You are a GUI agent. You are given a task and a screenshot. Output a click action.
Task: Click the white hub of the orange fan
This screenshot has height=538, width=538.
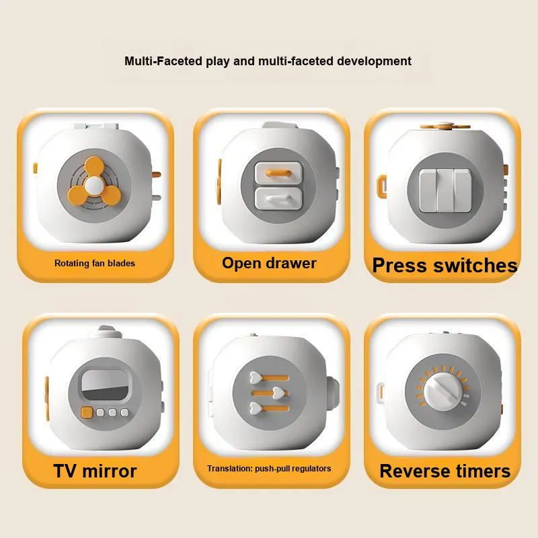(x=94, y=186)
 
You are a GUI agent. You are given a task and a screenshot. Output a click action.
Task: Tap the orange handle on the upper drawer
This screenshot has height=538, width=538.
(x=278, y=173)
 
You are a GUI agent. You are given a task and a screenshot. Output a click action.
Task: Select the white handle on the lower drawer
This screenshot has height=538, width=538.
(x=278, y=198)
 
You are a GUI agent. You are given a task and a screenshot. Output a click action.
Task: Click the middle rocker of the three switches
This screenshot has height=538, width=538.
(x=445, y=190)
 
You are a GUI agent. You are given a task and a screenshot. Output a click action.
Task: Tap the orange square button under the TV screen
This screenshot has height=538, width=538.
(x=87, y=412)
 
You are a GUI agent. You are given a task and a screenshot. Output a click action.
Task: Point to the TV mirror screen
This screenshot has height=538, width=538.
(x=104, y=385)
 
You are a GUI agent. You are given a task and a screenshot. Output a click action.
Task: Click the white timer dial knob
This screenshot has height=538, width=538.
(x=442, y=391)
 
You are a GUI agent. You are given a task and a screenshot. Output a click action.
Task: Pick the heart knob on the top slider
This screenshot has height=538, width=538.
(x=256, y=377)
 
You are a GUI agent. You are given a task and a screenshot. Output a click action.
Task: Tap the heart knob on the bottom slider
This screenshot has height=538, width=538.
(x=256, y=408)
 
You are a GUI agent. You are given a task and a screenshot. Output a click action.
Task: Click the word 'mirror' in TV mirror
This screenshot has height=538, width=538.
(x=109, y=471)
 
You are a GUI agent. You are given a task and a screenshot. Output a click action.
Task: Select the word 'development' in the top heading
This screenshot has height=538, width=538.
(x=374, y=61)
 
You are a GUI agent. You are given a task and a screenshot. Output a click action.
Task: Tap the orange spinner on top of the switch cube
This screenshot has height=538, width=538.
(x=445, y=126)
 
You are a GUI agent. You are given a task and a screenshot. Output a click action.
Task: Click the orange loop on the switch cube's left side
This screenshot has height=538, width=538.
(x=381, y=186)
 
